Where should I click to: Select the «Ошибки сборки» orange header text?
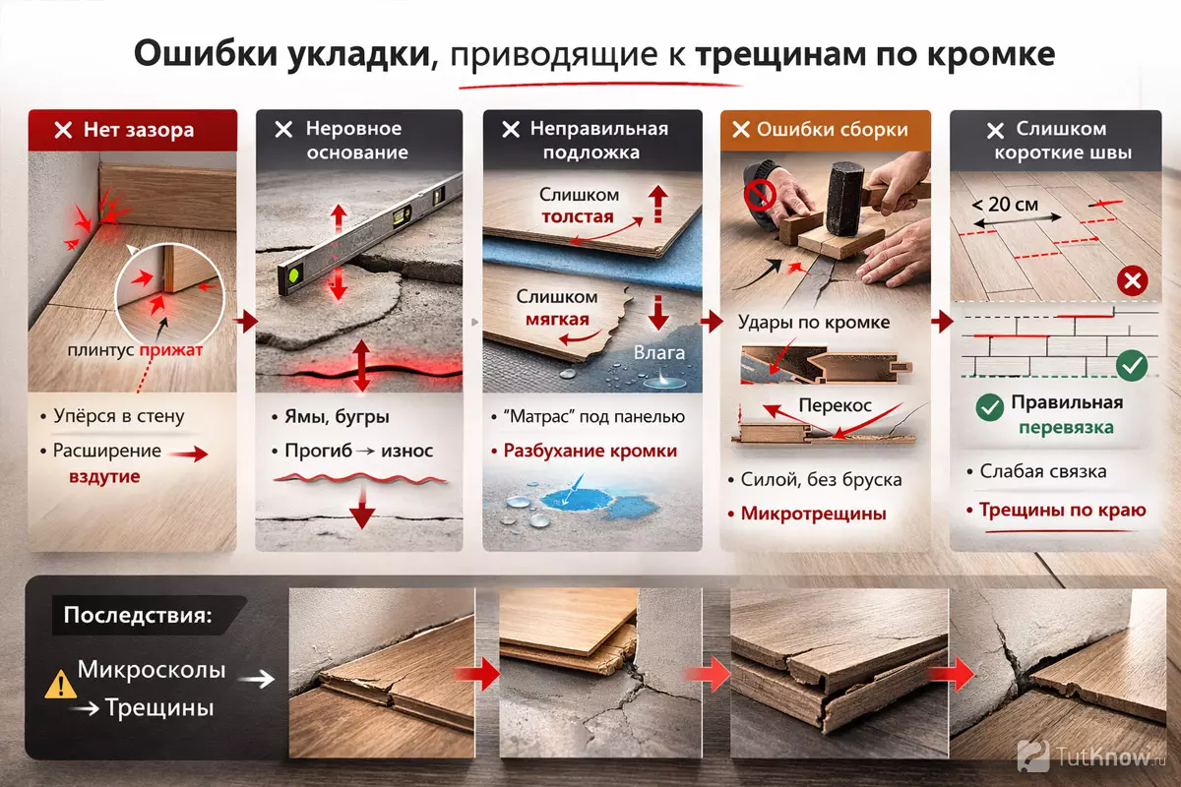click(x=832, y=130)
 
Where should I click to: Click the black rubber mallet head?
click(x=842, y=199)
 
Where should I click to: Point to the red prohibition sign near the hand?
click(x=760, y=195)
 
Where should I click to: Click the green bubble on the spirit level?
click(x=294, y=274)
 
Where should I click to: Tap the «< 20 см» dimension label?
click(x=1005, y=204)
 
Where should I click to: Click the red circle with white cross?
click(x=1132, y=281)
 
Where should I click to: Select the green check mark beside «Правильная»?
click(x=990, y=407)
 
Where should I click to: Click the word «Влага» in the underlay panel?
click(x=659, y=352)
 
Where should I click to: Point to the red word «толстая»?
click(x=578, y=216)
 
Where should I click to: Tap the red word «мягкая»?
click(x=557, y=319)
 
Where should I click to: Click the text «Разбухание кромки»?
click(x=590, y=451)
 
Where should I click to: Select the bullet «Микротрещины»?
click(x=813, y=513)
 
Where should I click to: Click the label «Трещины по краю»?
click(x=1062, y=510)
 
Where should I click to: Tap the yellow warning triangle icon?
click(x=60, y=685)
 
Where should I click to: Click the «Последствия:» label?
click(x=138, y=615)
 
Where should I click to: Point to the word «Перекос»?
click(x=836, y=405)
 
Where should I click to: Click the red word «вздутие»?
click(x=104, y=476)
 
